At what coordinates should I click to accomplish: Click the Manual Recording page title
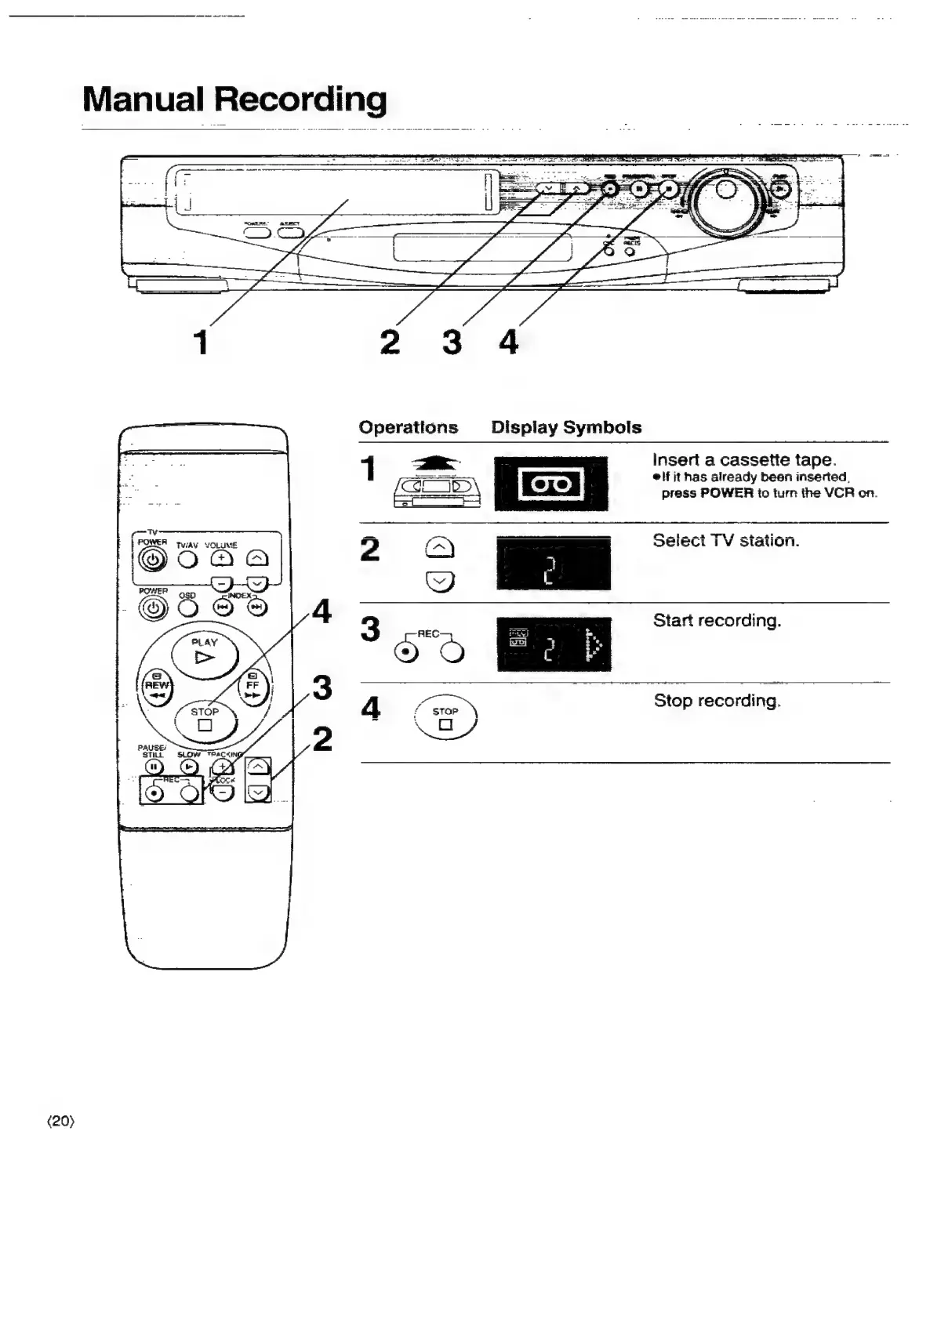[234, 100]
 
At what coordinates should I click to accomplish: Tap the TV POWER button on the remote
[153, 560]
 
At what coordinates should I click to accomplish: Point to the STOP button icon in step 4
[445, 717]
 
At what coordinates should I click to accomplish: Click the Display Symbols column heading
[566, 428]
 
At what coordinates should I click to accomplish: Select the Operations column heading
[408, 428]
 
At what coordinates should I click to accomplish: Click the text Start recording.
[717, 621]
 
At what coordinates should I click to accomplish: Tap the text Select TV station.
[725, 541]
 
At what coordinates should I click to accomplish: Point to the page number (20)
[61, 1122]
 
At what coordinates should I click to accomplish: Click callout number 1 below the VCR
[202, 343]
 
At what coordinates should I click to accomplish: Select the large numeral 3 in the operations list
[370, 629]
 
